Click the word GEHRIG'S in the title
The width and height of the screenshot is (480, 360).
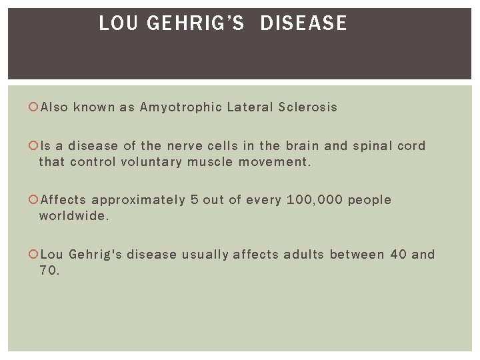196,23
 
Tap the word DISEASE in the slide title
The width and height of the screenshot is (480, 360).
303,23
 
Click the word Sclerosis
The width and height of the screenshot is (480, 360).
308,107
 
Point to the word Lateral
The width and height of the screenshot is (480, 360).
250,107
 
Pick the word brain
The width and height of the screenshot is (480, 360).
304,146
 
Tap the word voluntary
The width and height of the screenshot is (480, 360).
151,162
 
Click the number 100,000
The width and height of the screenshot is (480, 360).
314,200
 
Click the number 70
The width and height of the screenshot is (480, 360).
49,271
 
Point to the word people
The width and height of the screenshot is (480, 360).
369,200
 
